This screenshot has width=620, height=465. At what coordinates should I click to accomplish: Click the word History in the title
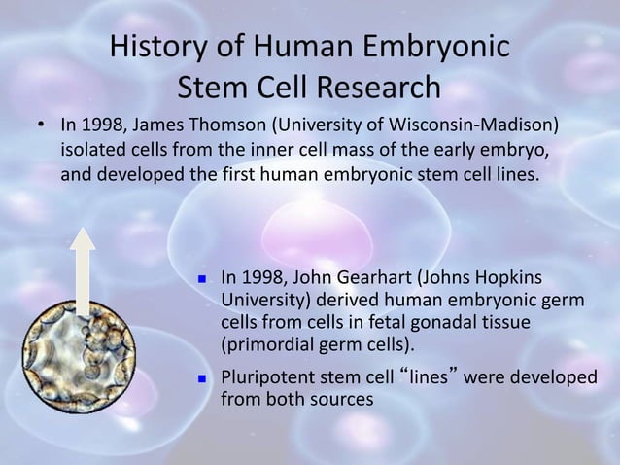tap(158, 47)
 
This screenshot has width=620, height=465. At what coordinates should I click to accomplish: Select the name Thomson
tap(224, 128)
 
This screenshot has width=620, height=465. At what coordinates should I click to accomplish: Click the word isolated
tap(92, 152)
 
